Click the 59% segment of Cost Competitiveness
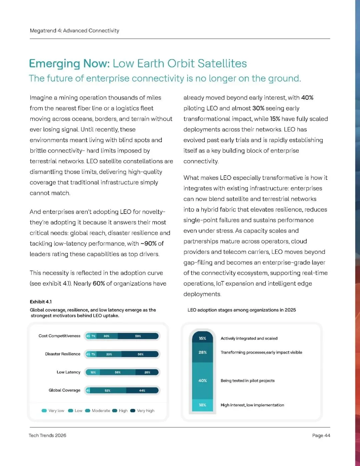pyautogui.click(x=138, y=336)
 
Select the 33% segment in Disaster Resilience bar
pyautogui.click(x=109, y=354)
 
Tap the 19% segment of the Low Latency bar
pyautogui.click(x=93, y=372)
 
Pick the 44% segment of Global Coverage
pyautogui.click(x=142, y=390)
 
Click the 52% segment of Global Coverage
pyautogui.click(x=108, y=390)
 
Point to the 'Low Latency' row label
pyautogui.click(x=68, y=372)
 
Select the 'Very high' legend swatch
pyautogui.click(x=133, y=411)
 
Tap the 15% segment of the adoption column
pyautogui.click(x=202, y=338)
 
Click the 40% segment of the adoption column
pyautogui.click(x=202, y=381)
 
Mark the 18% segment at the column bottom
pyautogui.click(x=202, y=405)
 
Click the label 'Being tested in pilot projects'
pyautogui.click(x=247, y=381)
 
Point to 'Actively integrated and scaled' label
pyautogui.click(x=249, y=338)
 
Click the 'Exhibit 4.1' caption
pyautogui.click(x=41, y=302)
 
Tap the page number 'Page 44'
pyautogui.click(x=321, y=435)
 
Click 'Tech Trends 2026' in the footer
pyautogui.click(x=47, y=435)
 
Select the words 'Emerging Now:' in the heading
pyautogui.click(x=69, y=63)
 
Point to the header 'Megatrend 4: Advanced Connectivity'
pyautogui.click(x=74, y=31)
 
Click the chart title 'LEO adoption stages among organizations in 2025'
pyautogui.click(x=241, y=310)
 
